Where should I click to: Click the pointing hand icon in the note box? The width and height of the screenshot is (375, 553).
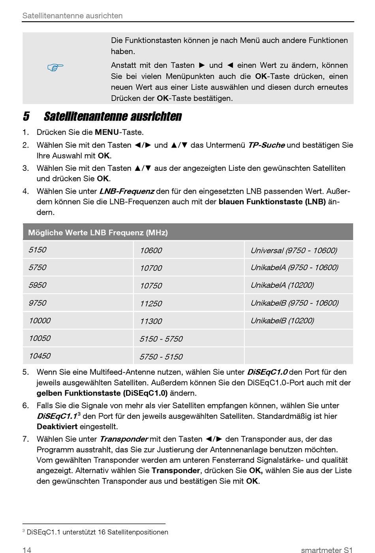(x=56, y=68)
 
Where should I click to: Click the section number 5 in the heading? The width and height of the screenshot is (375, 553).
(x=26, y=117)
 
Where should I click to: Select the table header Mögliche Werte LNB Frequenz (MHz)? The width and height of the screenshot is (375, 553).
(x=98, y=233)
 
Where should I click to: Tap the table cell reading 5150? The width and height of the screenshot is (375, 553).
(x=37, y=250)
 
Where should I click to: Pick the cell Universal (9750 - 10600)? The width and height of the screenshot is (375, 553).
(x=294, y=250)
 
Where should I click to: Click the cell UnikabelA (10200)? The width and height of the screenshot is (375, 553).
(x=282, y=285)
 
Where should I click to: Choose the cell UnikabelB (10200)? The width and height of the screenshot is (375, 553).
(x=282, y=321)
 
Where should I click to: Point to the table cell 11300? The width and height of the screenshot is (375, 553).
(x=151, y=321)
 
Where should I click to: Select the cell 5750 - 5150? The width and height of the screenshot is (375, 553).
(x=161, y=357)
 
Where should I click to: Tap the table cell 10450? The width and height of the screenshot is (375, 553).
(x=39, y=356)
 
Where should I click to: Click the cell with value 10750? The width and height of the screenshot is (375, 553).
(x=151, y=286)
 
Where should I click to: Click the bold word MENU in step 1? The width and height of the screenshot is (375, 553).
(x=107, y=133)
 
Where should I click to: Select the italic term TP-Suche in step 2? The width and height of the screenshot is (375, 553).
(x=266, y=145)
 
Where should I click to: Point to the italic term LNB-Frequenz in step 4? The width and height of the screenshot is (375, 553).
(x=126, y=191)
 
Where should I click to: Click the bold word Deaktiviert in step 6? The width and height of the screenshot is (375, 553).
(x=57, y=426)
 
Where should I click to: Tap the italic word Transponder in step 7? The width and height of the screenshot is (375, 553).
(x=124, y=439)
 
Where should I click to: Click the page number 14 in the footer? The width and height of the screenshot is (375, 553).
(x=27, y=550)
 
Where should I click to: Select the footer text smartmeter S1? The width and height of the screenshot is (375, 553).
(x=326, y=550)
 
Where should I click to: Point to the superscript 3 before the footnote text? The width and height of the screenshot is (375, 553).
(x=24, y=531)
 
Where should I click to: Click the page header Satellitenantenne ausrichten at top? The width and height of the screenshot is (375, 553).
(x=73, y=16)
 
